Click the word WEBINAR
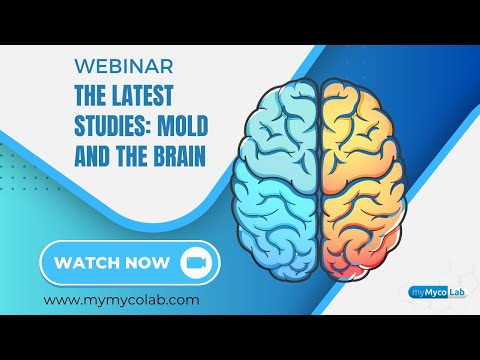125,66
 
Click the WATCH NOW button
128,263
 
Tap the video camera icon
194,263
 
